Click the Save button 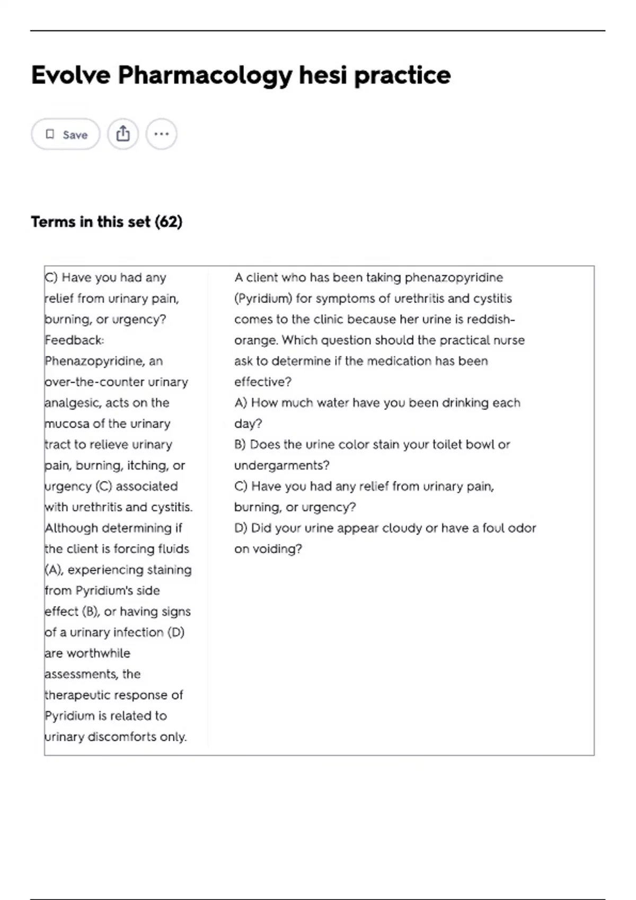[x=66, y=134]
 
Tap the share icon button [x=123, y=134]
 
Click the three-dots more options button [x=161, y=134]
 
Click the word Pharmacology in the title [x=205, y=75]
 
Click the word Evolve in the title [x=70, y=75]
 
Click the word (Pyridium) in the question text [x=263, y=299]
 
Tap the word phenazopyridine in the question [x=454, y=277]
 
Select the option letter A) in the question [x=241, y=403]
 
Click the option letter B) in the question [x=240, y=445]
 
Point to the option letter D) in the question [x=241, y=528]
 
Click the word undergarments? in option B [x=281, y=465]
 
